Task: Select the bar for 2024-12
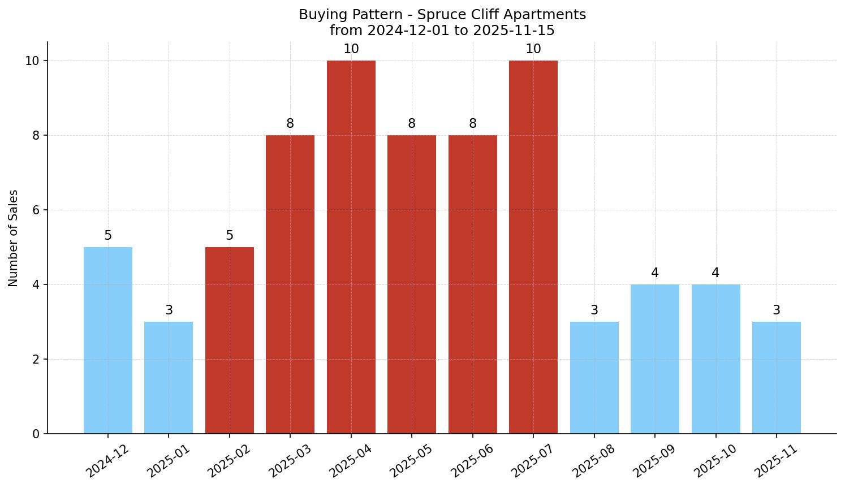tap(108, 340)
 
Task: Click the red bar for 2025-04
tap(351, 247)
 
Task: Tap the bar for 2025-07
tap(533, 247)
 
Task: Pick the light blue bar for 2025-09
tap(655, 359)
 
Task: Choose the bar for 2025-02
tap(230, 340)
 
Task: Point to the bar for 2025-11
tap(777, 377)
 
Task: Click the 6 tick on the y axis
tap(36, 210)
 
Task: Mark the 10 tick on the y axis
tap(32, 61)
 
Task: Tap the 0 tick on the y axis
tap(36, 434)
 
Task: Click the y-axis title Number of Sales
tap(14, 238)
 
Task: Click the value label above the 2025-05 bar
tap(412, 123)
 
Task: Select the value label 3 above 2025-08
tap(594, 310)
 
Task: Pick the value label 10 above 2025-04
tap(351, 49)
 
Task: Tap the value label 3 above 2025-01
tap(169, 310)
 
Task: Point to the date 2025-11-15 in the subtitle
tap(514, 30)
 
